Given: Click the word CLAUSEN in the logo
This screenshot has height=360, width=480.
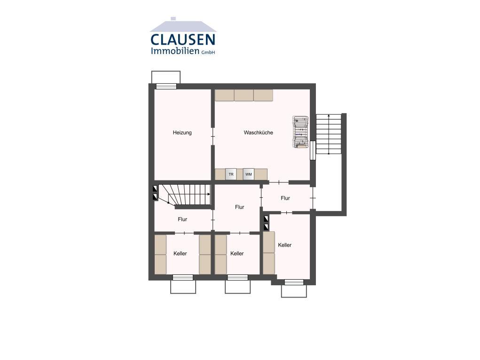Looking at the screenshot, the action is point(183,39).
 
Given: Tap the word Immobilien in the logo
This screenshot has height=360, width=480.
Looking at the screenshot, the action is point(175,51).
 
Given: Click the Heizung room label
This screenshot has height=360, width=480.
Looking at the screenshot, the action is point(182,133).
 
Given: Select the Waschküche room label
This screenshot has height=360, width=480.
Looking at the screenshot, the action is point(259,133).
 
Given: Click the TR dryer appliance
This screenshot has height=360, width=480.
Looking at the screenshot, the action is point(231,174).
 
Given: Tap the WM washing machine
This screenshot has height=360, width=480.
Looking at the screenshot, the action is point(249,174).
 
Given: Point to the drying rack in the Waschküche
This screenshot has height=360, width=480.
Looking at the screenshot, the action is point(300,132).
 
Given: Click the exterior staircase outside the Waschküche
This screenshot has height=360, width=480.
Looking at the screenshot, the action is point(329,134).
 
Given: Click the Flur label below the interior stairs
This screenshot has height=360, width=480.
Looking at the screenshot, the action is point(182,219).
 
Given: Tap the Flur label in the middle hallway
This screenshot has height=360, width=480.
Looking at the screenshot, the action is point(239,207).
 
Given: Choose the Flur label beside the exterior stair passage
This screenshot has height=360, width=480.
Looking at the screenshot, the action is point(285,198).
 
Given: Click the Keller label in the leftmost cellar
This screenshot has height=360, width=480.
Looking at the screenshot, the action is point(180,253).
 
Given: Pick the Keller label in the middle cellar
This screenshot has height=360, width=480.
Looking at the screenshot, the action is point(237,253).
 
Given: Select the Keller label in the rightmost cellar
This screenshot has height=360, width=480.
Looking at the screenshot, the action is point(285,245).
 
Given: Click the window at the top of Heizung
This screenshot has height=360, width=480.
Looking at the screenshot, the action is point(166,86).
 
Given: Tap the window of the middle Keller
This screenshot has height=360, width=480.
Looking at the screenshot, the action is point(237,277).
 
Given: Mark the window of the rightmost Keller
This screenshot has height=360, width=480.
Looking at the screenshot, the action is point(294,282).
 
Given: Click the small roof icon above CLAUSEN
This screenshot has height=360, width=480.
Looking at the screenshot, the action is point(183,25).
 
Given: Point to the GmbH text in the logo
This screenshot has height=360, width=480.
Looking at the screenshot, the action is point(208,52).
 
